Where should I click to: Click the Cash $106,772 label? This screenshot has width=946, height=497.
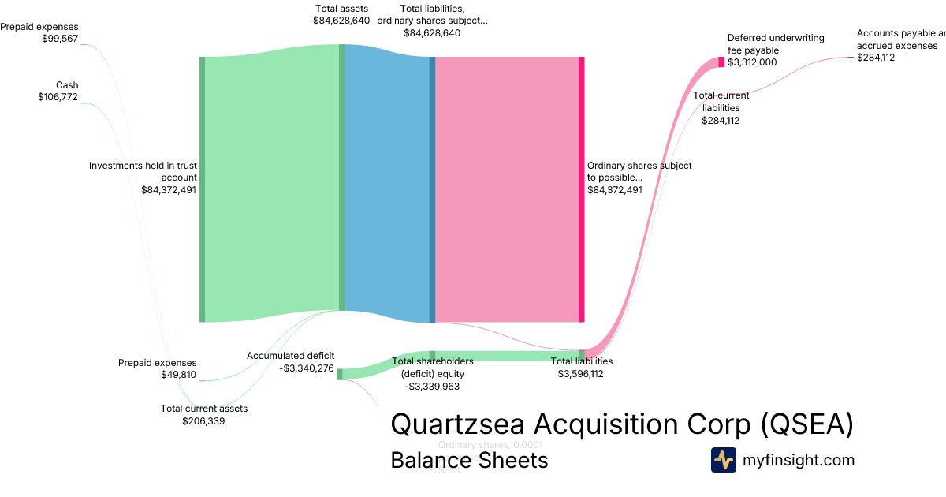click(58, 91)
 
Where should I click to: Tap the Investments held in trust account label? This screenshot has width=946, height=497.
click(143, 177)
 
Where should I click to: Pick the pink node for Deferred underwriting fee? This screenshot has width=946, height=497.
click(721, 62)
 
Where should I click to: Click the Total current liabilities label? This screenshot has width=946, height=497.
click(721, 108)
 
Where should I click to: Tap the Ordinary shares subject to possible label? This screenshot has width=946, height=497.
click(639, 177)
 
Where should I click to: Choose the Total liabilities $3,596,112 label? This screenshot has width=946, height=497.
click(581, 368)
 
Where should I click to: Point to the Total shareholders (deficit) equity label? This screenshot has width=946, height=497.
click(432, 374)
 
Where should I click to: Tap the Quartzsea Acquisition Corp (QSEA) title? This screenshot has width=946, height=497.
click(622, 424)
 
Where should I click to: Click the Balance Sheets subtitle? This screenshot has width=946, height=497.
click(469, 460)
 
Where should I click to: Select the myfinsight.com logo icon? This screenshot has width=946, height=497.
click(723, 460)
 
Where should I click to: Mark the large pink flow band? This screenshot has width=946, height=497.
click(507, 189)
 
